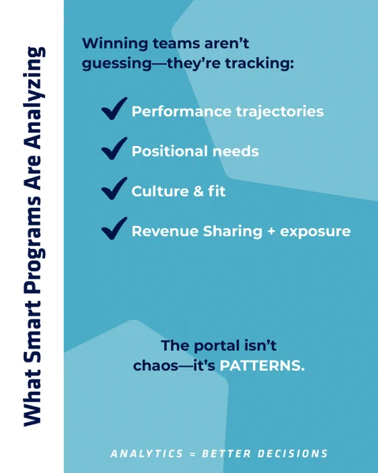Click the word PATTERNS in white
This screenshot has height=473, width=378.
pyautogui.click(x=262, y=366)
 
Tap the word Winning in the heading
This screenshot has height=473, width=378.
pyautogui.click(x=115, y=44)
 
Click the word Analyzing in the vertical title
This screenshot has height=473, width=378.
pyautogui.click(x=34, y=99)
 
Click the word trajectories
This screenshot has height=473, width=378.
pyautogui.click(x=280, y=112)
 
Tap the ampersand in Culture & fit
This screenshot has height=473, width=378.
pyautogui.click(x=198, y=191)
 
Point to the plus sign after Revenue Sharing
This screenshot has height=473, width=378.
pyautogui.click(x=271, y=232)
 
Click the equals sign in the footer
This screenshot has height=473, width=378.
pyautogui.click(x=192, y=454)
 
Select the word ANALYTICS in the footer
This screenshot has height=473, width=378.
pyautogui.click(x=147, y=454)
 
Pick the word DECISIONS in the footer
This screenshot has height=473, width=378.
pyautogui.click(x=293, y=454)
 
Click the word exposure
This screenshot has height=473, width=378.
pyautogui.click(x=315, y=232)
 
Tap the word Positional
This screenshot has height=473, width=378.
pyautogui.click(x=170, y=151)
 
